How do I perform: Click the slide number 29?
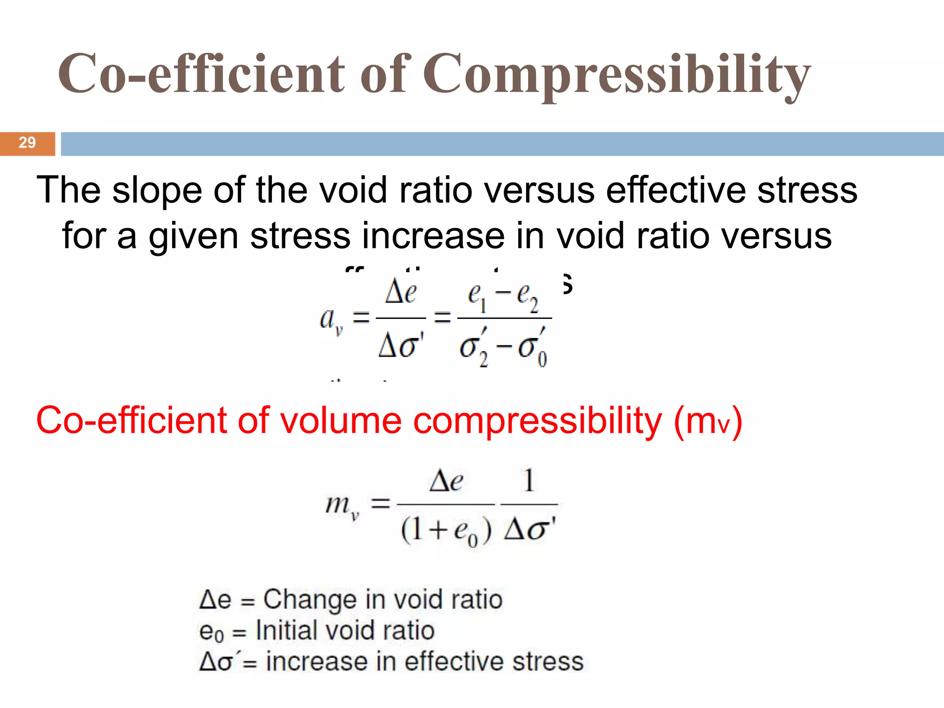tap(27, 142)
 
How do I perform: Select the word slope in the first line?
tap(157, 190)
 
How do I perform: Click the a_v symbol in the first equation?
tap(331, 319)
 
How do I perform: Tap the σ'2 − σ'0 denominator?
tap(503, 349)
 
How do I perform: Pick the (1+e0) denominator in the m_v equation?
tap(446, 531)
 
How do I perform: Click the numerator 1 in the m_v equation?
tap(529, 480)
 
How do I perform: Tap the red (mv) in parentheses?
tap(708, 421)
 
